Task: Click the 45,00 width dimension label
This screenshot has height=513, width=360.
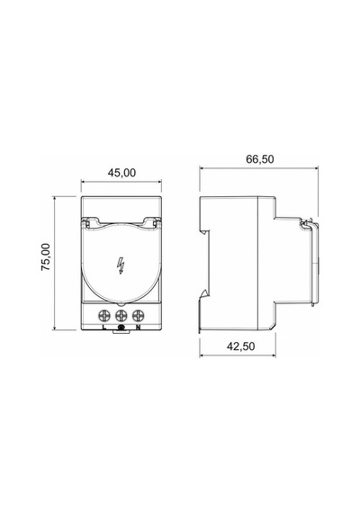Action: [x=121, y=173]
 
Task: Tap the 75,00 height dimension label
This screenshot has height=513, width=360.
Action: [x=46, y=256]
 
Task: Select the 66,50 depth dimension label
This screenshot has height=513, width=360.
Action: [x=259, y=159]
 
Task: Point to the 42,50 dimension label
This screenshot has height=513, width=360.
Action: [x=240, y=346]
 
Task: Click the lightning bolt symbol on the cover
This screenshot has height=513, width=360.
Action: [x=121, y=265]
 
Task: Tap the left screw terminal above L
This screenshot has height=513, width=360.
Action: [x=104, y=316]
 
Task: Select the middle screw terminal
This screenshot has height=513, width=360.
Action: [x=121, y=316]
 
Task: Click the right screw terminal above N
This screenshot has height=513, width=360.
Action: [x=138, y=316]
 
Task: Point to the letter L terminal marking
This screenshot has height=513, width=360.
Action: [x=104, y=327]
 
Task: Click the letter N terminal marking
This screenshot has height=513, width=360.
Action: [x=138, y=327]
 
